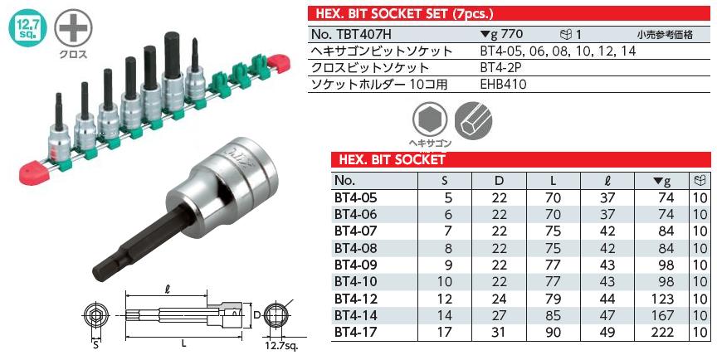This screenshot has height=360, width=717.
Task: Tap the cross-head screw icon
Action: (71, 27)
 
